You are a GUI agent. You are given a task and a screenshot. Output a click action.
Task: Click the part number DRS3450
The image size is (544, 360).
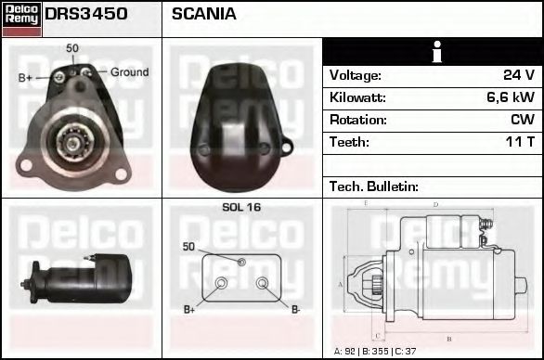pos(86,15)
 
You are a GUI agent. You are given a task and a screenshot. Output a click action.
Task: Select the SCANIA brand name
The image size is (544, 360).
pos(204,15)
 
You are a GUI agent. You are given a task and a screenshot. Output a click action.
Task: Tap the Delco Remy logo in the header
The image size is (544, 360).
pos(21,18)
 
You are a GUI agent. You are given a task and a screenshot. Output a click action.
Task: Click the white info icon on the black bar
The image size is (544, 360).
pos(434,52)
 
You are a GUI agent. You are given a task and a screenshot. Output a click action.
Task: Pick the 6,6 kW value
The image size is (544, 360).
pos(511,97)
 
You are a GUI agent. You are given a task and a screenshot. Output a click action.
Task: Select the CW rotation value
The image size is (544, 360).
pos(522,120)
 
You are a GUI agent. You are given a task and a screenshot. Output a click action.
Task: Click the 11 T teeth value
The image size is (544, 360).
pos(518,142)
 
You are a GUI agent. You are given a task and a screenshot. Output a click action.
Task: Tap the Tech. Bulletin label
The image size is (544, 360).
pos(374,186)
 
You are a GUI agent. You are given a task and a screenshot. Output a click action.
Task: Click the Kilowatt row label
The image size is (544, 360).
pos(358,97)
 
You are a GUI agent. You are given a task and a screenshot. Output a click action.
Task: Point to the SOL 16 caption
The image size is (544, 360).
pos(241,208)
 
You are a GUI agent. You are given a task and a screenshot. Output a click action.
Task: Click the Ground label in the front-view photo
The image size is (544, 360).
pos(129,72)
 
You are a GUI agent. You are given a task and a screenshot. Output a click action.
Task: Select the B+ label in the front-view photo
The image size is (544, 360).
pos(25,78)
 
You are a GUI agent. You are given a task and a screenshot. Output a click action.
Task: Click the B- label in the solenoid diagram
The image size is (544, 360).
pos(295,309)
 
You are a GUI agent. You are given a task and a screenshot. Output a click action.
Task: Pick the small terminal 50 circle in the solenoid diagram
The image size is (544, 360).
pos(241,263)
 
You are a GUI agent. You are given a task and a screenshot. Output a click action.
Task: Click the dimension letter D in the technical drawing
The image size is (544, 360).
pos(435,204)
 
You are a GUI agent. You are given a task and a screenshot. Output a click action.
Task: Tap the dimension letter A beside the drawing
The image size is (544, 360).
pos(341,284)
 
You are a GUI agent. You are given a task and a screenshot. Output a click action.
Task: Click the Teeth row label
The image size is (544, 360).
pos(349,142)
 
